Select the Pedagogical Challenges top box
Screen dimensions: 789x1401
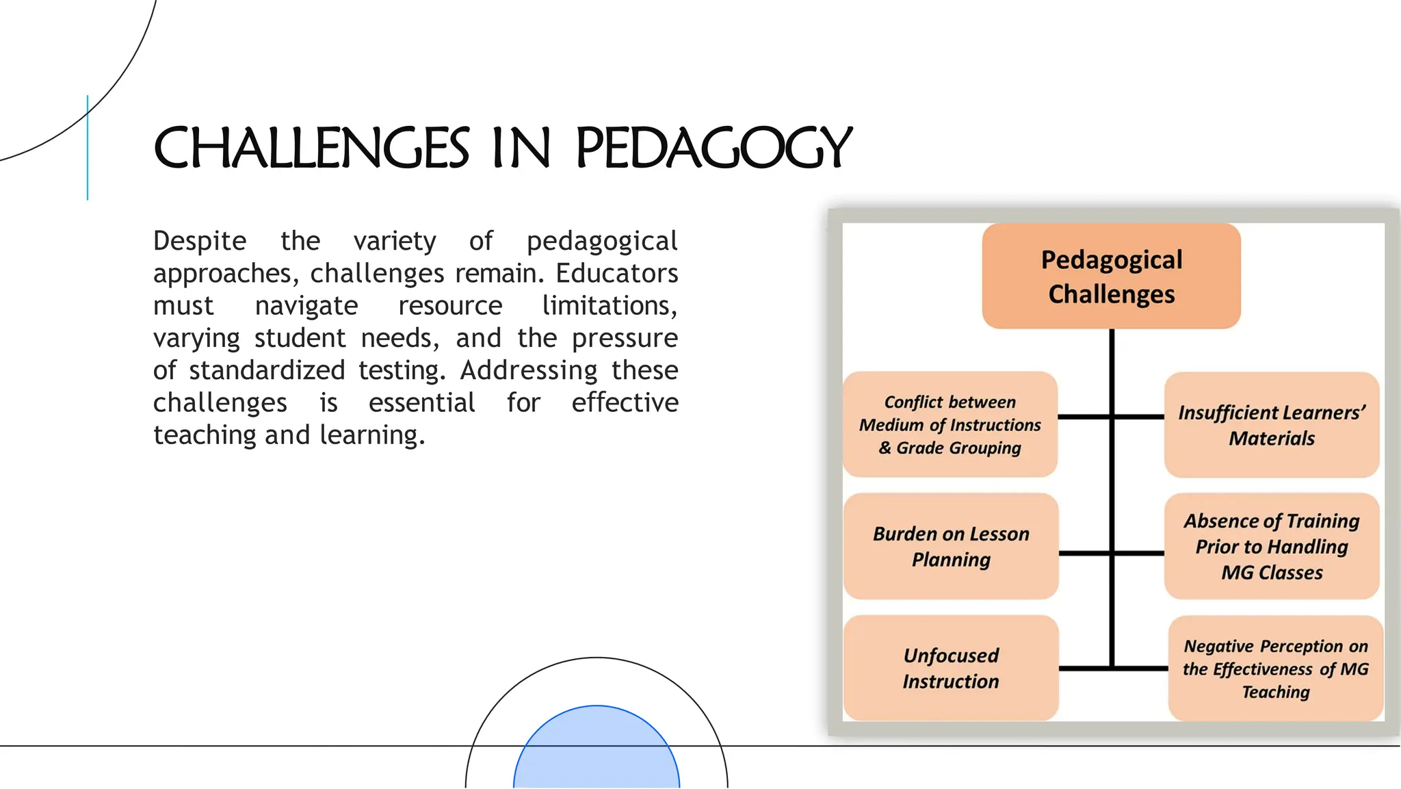[1111, 276]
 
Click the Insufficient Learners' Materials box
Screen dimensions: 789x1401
[1271, 425]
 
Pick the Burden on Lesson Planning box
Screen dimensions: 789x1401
[951, 546]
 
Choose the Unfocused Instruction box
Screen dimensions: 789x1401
[951, 668]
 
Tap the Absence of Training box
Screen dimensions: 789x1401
[1271, 546]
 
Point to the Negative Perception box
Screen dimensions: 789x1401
[1275, 668]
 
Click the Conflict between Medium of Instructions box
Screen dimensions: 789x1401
[950, 424]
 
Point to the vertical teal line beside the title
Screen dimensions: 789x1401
[88, 148]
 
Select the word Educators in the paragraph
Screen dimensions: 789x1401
[616, 273]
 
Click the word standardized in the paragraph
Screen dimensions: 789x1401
[267, 370]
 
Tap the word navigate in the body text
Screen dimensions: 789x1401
[306, 306]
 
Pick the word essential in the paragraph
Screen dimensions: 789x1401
[421, 402]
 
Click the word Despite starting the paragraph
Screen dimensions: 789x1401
[200, 241]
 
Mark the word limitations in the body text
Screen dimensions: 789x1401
[609, 306]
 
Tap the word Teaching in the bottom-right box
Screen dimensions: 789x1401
[1275, 692]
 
